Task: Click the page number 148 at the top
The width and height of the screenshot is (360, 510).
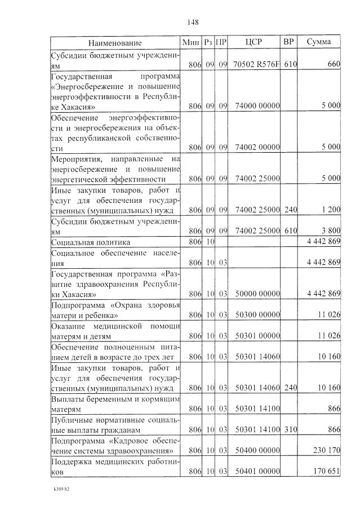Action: point(193,23)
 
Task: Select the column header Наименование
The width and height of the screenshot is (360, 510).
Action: point(115,43)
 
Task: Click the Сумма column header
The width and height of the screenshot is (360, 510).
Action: point(318,42)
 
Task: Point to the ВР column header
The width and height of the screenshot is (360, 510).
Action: point(288,42)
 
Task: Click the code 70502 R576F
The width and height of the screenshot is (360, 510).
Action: point(256,65)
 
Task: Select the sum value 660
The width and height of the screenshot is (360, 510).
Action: point(334,65)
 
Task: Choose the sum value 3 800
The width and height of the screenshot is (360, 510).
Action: point(331,230)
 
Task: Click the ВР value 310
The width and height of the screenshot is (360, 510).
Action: point(290,429)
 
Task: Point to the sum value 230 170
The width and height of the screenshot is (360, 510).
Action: point(327,451)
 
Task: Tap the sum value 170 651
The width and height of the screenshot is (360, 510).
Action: point(327,472)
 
